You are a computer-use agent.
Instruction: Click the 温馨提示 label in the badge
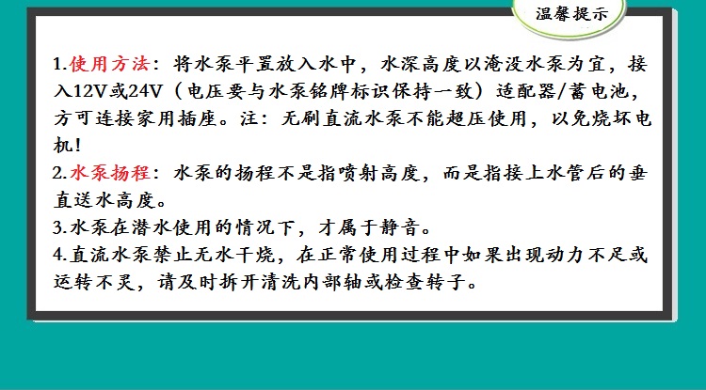pos(571,14)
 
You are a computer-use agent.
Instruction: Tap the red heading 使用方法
pos(110,64)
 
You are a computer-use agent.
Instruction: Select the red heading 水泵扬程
pos(110,173)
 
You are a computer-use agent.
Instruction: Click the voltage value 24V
pos(144,92)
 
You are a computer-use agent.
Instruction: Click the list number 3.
pos(59,227)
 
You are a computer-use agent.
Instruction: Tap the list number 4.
pos(59,256)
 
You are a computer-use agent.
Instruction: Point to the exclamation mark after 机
pos(77,146)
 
